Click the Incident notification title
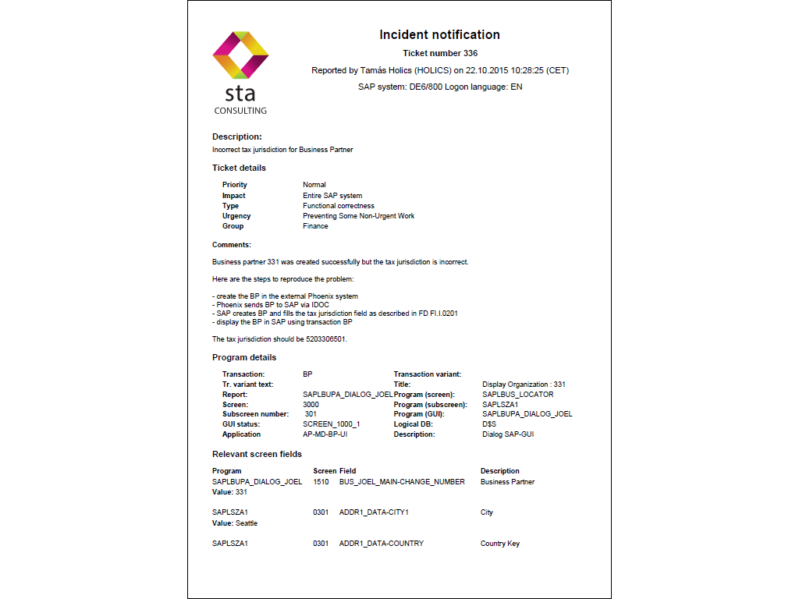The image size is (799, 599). point(439,35)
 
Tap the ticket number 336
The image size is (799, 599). point(439,54)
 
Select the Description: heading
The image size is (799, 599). point(237,136)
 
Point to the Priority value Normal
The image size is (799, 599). point(315,185)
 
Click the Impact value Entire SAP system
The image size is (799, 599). point(332,196)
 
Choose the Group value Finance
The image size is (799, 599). point(315,226)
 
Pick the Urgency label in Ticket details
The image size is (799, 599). point(236,216)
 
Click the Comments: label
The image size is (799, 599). point(232,245)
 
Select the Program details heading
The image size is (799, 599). point(244,358)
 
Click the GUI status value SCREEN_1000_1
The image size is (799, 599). point(332,424)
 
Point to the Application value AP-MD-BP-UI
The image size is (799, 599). point(325,434)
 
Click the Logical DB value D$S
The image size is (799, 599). point(489,424)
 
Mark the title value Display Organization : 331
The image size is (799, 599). point(524,385)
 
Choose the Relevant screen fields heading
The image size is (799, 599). point(257,454)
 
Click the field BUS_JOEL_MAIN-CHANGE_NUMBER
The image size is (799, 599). point(402,482)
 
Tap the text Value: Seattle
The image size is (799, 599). point(235,523)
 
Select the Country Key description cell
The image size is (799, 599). point(500,544)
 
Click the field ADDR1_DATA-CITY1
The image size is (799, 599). point(374,513)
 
